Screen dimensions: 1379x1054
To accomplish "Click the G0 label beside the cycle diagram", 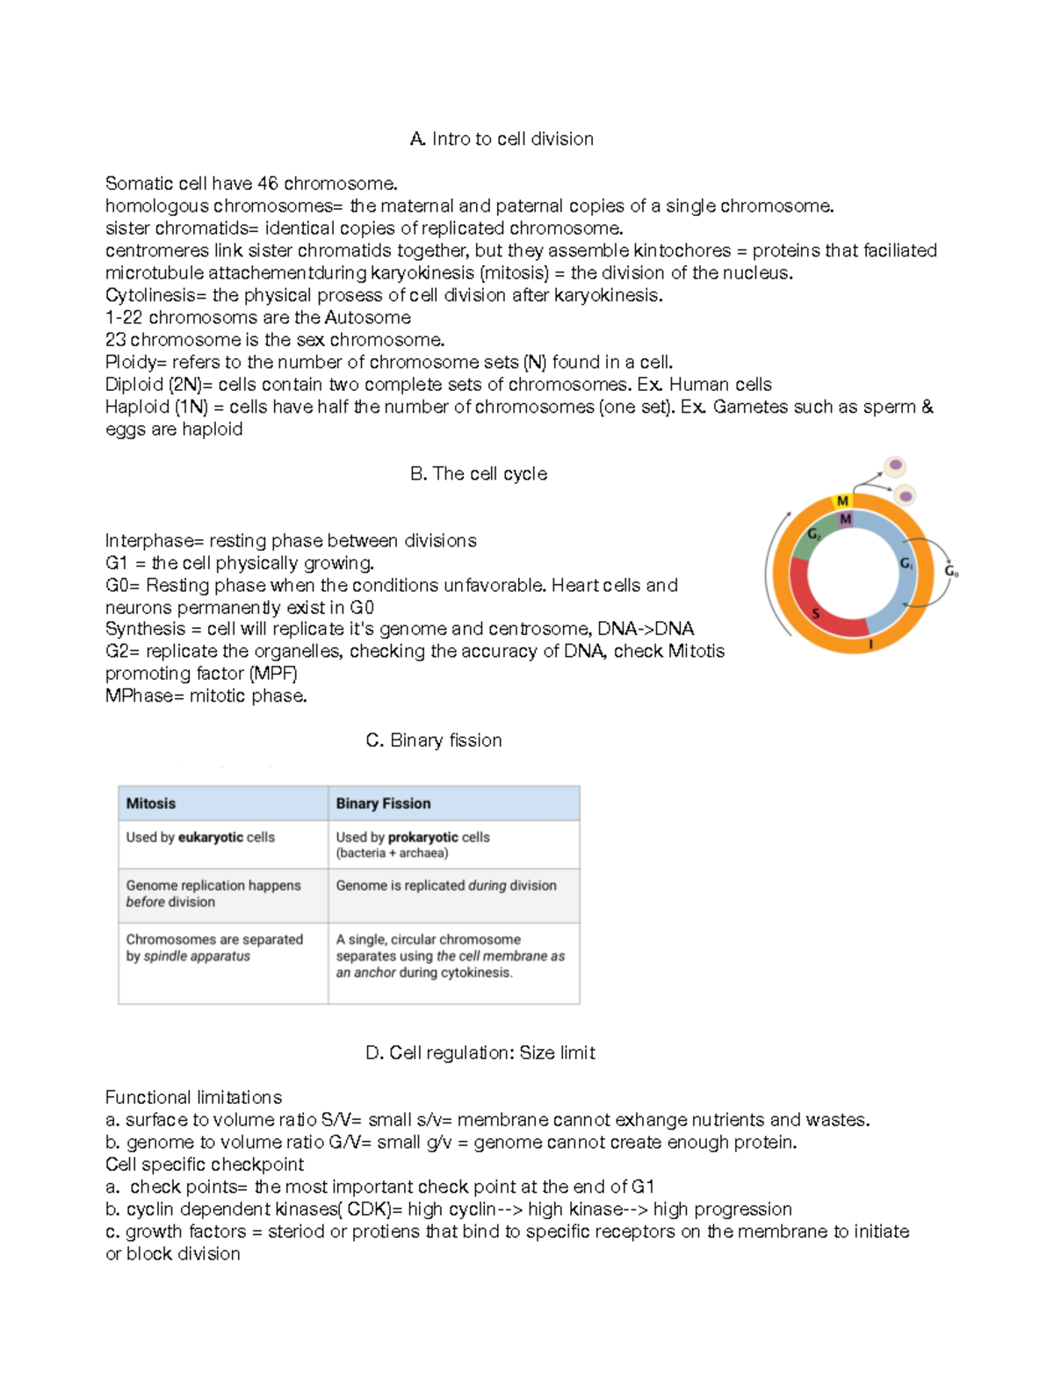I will point(951,571).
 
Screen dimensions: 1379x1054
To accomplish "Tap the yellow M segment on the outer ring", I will point(842,501).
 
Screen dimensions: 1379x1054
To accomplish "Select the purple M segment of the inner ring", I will point(846,519).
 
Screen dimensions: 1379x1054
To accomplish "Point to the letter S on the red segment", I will point(816,613).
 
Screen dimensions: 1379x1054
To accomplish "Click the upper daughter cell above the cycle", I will point(895,465).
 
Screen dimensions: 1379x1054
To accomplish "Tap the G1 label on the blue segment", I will point(906,564).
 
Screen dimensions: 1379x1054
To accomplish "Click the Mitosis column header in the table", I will point(151,804).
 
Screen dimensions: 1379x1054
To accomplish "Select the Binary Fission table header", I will point(383,804).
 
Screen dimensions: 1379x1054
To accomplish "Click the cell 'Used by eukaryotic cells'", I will point(200,838).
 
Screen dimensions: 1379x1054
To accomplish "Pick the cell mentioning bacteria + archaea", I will point(413,845).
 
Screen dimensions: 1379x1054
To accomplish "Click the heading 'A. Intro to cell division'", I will point(502,139).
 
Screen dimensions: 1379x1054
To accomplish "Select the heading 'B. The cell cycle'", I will point(479,473).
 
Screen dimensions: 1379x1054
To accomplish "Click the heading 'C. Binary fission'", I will point(434,740).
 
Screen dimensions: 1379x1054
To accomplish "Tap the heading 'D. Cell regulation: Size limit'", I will point(480,1052).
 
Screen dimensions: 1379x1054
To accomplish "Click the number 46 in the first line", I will point(268,184).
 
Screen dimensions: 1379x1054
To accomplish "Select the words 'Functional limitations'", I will point(193,1097).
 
